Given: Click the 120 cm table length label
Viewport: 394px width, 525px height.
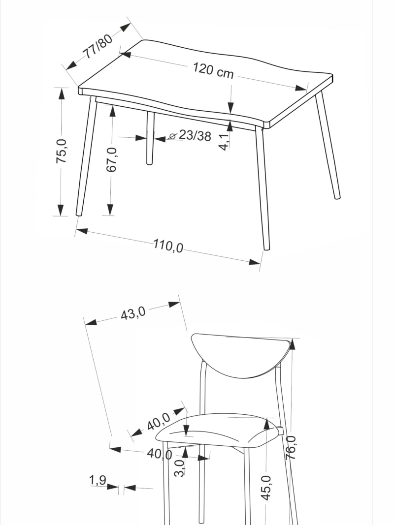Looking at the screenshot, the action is coord(213,70).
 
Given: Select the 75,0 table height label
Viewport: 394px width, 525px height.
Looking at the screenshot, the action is coord(62,152).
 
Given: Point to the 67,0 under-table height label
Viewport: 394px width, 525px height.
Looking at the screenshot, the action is coord(112,159).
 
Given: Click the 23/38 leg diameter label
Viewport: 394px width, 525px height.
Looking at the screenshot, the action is coord(195,136).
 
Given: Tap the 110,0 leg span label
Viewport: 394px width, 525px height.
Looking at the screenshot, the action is coord(168,246).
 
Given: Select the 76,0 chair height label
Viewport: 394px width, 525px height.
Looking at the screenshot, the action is coord(291,447).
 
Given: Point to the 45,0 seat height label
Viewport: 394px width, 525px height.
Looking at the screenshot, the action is coord(266,488).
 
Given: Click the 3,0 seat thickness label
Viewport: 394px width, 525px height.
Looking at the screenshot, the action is coord(179,468).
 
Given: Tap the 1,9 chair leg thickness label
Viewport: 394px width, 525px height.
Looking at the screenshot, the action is coord(98,480).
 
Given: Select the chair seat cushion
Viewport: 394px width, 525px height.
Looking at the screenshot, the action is coord(216,431).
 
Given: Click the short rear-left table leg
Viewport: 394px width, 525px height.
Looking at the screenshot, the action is coord(150,138).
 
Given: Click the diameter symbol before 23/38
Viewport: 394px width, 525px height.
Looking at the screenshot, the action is coord(172,136).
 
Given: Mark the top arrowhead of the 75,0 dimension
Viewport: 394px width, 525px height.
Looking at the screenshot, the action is coord(61,94).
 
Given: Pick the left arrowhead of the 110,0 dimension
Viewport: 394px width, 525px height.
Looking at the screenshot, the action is coord(82,231).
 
